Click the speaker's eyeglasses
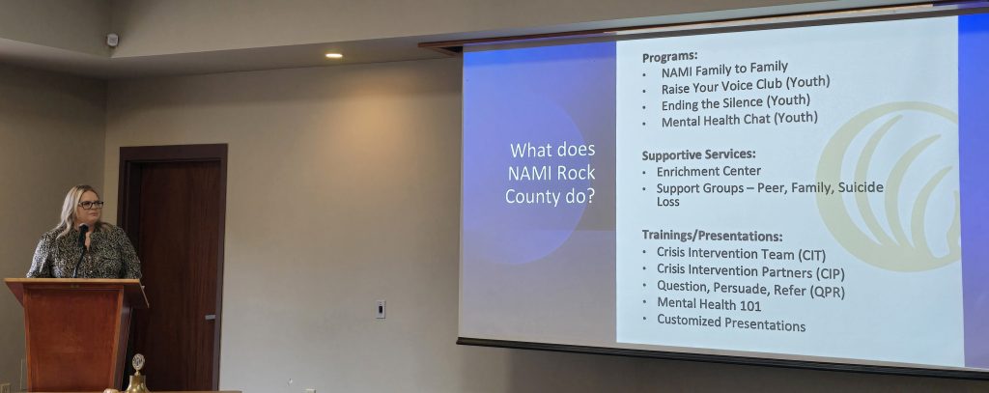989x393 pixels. pyautogui.click(x=91, y=205)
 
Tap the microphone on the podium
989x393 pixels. pyautogui.click(x=80, y=249)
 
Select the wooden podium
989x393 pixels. pyautogui.click(x=75, y=334)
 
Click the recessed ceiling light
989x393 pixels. pyautogui.click(x=333, y=55)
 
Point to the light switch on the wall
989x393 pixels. pyautogui.click(x=381, y=309)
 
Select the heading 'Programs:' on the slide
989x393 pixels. pyautogui.click(x=669, y=57)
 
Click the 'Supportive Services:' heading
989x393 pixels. pyautogui.click(x=698, y=154)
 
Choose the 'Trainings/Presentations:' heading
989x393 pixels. pyautogui.click(x=712, y=236)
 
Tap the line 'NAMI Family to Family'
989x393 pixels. pyautogui.click(x=724, y=69)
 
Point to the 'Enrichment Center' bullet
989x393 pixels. pyautogui.click(x=708, y=171)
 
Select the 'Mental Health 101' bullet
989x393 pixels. pyautogui.click(x=709, y=305)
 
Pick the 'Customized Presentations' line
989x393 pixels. pyautogui.click(x=731, y=323)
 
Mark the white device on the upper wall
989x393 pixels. pyautogui.click(x=112, y=40)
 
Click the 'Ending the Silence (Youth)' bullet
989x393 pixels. pyautogui.click(x=735, y=102)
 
